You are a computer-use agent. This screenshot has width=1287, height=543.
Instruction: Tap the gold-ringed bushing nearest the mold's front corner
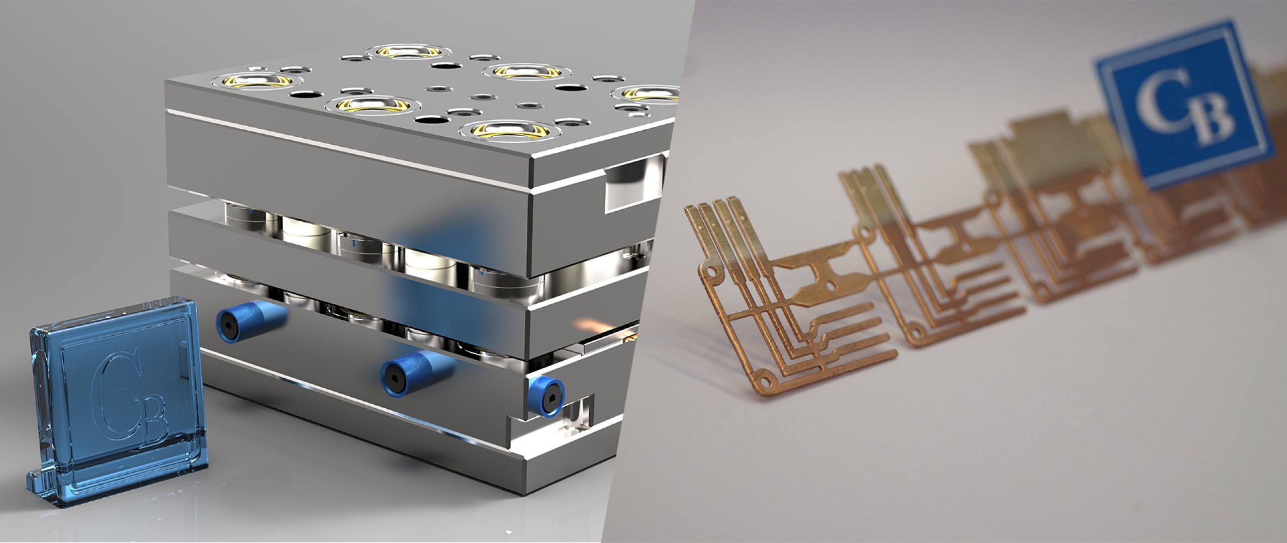click(x=509, y=130)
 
